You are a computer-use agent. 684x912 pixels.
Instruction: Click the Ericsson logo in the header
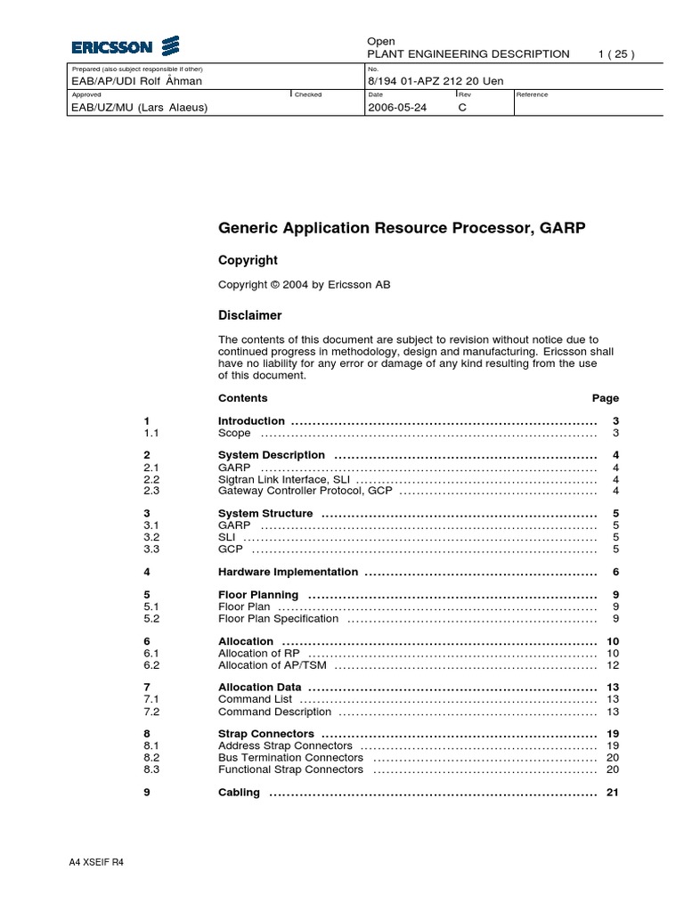pyautogui.click(x=126, y=46)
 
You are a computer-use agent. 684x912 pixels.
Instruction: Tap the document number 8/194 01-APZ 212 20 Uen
pyautogui.click(x=436, y=81)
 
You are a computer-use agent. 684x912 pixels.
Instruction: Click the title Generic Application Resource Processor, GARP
pyautogui.click(x=402, y=228)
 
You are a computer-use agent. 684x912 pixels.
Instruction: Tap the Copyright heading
pyautogui.click(x=248, y=260)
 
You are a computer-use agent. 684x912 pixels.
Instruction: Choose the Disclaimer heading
pyautogui.click(x=249, y=315)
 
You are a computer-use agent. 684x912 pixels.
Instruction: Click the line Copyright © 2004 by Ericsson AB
pyautogui.click(x=304, y=285)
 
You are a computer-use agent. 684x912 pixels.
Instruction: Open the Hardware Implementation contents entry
pyautogui.click(x=288, y=572)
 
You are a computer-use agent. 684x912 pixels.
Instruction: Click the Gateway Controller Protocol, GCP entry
pyautogui.click(x=305, y=491)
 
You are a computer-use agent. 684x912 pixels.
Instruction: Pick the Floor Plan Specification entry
pyautogui.click(x=279, y=618)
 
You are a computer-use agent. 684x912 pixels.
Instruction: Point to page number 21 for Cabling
pyautogui.click(x=612, y=793)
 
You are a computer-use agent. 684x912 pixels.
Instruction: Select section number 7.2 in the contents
pyautogui.click(x=151, y=712)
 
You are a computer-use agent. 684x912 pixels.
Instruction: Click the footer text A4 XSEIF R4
pyautogui.click(x=96, y=863)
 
